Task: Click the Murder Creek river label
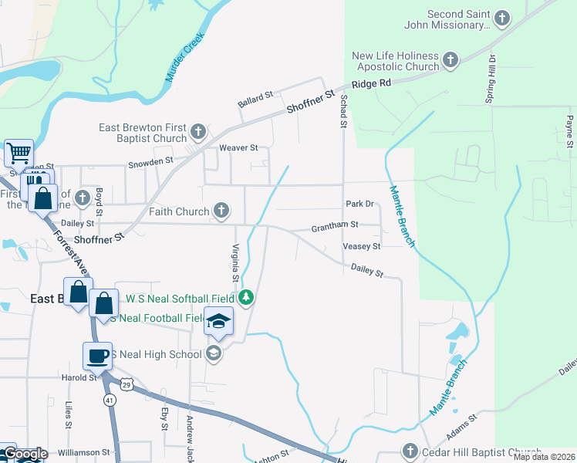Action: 184,58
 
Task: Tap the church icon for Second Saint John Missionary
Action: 502,18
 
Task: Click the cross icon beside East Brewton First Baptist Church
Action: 198,131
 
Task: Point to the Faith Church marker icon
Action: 221,210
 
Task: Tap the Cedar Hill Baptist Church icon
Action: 410,451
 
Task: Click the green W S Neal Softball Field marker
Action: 246,297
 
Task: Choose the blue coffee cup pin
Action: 97,356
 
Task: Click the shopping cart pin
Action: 19,152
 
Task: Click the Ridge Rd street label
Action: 371,83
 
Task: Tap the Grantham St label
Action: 335,227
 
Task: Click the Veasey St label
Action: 361,246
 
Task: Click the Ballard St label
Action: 256,99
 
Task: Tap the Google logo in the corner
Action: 25,454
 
